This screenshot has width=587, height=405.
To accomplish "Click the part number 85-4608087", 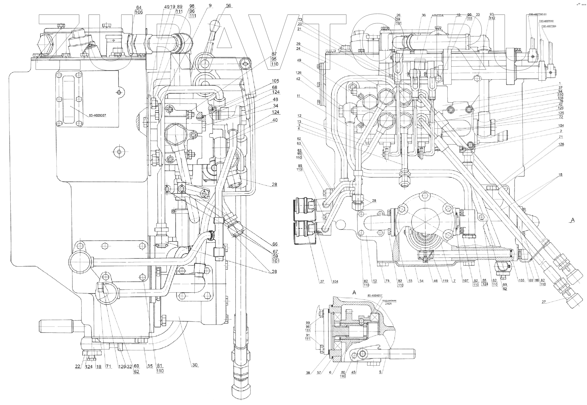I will (97, 115).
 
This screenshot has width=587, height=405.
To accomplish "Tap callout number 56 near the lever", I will (228, 6).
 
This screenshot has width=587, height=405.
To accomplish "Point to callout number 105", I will (275, 81).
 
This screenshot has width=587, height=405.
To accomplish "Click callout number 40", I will (275, 120).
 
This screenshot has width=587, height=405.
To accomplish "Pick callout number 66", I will (275, 244).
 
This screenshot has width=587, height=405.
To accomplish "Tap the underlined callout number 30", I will (195, 365).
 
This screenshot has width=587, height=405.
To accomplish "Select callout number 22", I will (78, 367).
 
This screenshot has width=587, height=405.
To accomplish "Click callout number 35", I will (150, 366).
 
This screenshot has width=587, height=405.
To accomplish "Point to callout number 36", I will (423, 15).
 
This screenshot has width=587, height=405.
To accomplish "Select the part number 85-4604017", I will (375, 295).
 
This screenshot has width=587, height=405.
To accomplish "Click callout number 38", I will (308, 373).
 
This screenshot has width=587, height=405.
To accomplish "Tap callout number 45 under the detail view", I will (361, 373).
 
